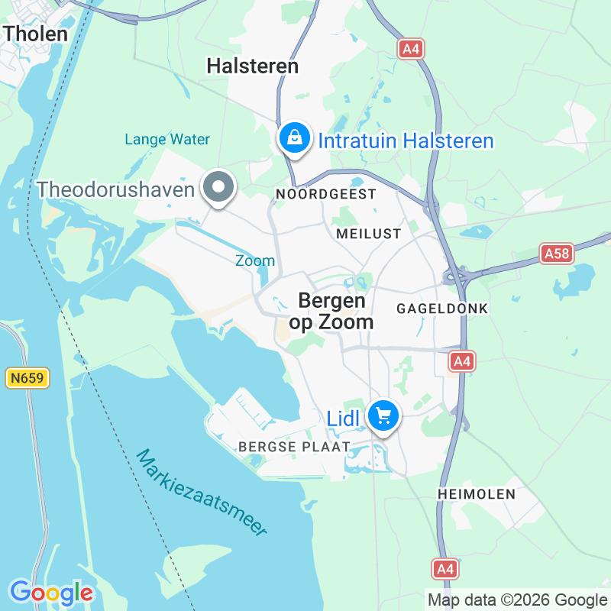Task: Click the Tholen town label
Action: [x=35, y=33]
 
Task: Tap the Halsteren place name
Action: [x=252, y=66]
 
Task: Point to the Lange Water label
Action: [x=167, y=139]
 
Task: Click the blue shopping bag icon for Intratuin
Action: [x=293, y=138]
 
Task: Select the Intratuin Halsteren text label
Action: [x=406, y=141]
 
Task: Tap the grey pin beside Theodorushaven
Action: [x=218, y=187]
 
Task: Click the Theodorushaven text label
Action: [x=115, y=189]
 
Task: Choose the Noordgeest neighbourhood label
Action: [x=326, y=194]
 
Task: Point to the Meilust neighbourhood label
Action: [x=368, y=234]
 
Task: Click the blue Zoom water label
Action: [x=255, y=260]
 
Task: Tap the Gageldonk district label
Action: [x=441, y=309]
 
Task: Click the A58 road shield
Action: [x=556, y=253]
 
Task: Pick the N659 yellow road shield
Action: [x=27, y=377]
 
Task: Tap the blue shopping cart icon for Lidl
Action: [x=383, y=416]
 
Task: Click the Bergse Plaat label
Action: [x=294, y=446]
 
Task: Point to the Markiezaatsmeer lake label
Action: [x=202, y=493]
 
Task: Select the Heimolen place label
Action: [x=477, y=494]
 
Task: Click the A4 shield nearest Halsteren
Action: [x=411, y=49]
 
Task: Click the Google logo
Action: [x=51, y=592]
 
